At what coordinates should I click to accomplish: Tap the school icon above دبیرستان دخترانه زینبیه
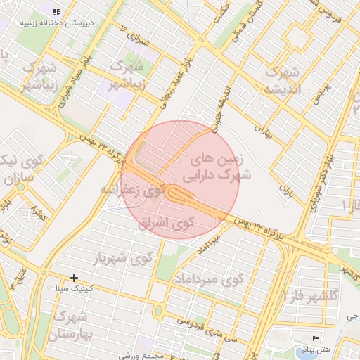(x=56, y=12)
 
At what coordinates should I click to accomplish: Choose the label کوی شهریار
(x=122, y=257)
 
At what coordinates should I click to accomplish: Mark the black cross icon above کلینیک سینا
(x=74, y=278)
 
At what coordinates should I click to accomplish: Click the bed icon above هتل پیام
(x=314, y=339)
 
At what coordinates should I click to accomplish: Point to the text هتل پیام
(x=314, y=349)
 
